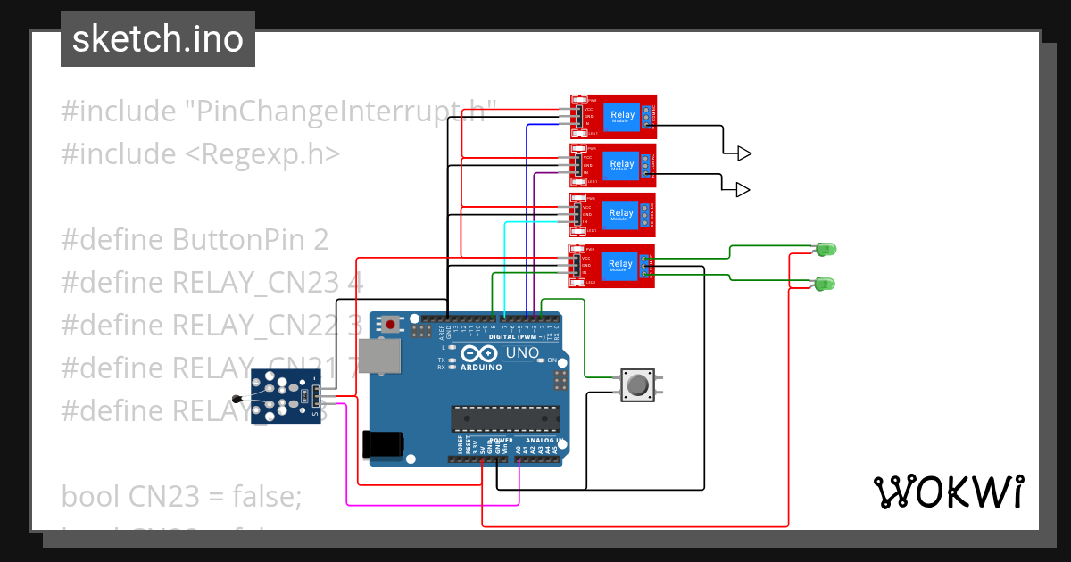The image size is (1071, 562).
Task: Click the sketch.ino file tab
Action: click(x=157, y=39)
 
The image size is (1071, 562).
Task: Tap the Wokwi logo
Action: click(x=948, y=492)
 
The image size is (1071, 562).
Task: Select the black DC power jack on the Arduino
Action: click(x=383, y=443)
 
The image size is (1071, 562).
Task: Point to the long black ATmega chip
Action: click(x=504, y=417)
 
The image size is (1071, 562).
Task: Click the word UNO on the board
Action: click(x=522, y=353)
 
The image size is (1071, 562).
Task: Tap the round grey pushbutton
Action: click(x=637, y=385)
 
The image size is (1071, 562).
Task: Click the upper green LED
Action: click(x=826, y=249)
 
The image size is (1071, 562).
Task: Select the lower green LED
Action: click(x=825, y=285)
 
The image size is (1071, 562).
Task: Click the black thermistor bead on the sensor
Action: click(x=237, y=401)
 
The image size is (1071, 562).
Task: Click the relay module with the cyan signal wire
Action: click(x=612, y=215)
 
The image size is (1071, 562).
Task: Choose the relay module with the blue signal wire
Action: click(x=612, y=117)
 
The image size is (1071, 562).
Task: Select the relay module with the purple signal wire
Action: click(x=612, y=166)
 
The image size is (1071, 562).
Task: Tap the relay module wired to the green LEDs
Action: click(x=612, y=265)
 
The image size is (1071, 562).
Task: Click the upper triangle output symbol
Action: click(x=743, y=153)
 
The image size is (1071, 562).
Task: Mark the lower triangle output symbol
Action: click(x=743, y=189)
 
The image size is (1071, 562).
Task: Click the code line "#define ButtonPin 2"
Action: click(x=195, y=239)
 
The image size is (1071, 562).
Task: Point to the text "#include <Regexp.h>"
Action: click(x=200, y=153)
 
